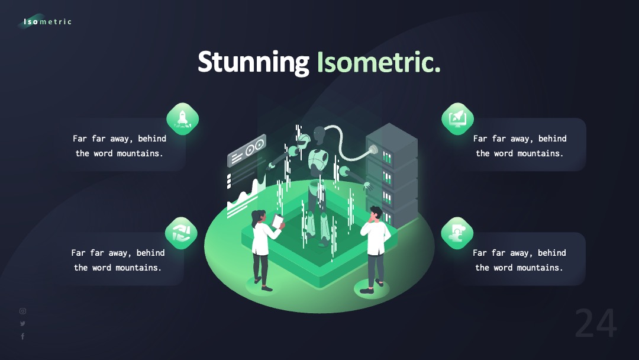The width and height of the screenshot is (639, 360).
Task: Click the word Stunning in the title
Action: tap(253, 62)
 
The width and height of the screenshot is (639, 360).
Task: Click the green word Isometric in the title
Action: tap(379, 62)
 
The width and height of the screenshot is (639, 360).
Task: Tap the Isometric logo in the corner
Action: tap(45, 21)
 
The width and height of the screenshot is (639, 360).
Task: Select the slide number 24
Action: tap(596, 323)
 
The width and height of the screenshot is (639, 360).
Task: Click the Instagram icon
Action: tap(23, 311)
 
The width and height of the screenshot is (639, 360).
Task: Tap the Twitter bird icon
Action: tap(23, 324)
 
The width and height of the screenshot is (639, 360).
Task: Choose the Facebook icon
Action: tap(23, 336)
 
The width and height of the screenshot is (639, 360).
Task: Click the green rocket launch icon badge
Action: tap(183, 118)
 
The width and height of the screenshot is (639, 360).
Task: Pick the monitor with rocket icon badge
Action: tap(457, 118)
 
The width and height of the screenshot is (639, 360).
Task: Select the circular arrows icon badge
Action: tap(182, 233)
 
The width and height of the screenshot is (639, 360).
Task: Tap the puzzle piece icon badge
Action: tap(457, 233)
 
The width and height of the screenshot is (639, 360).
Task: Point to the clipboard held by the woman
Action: tap(277, 221)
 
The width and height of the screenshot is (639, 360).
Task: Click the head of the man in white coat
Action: tap(376, 213)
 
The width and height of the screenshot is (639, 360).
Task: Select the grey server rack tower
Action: tap(392, 175)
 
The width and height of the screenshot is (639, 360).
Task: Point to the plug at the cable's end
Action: tap(373, 150)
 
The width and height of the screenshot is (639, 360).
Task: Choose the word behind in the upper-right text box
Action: tap(552, 139)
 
